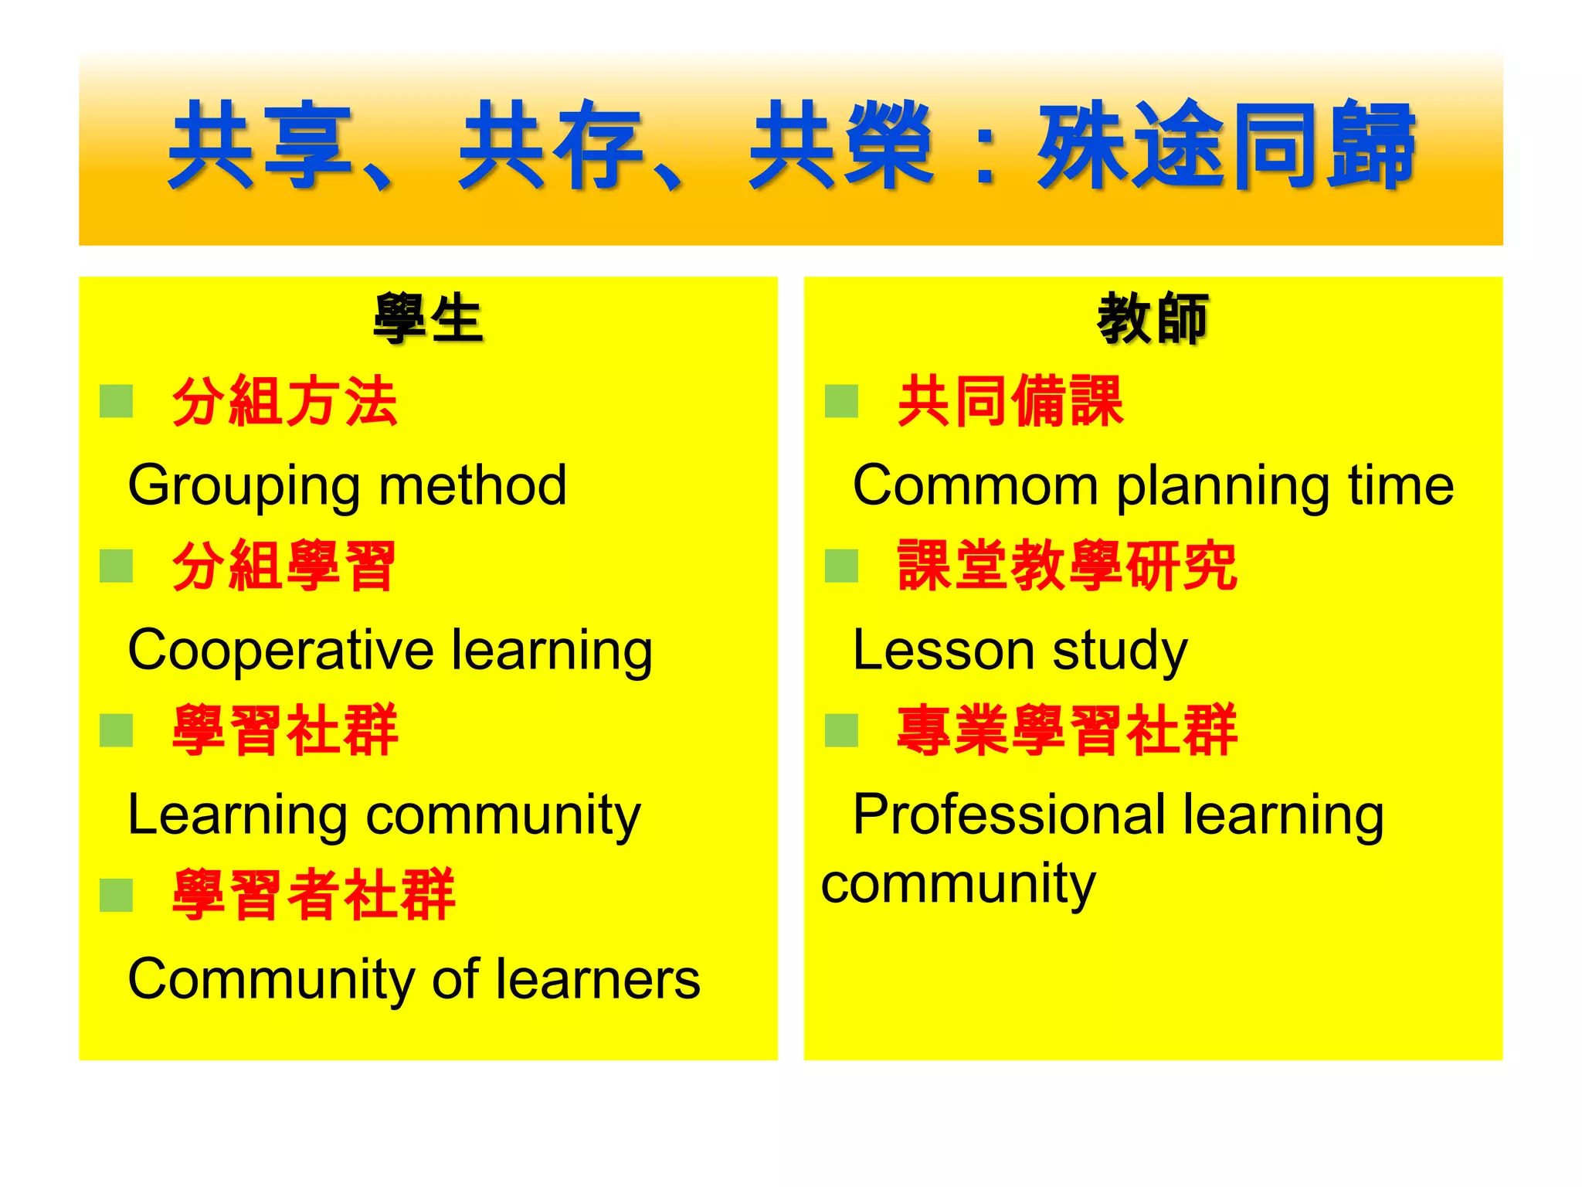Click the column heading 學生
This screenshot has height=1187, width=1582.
point(428,318)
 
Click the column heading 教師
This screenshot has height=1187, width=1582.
point(1153,318)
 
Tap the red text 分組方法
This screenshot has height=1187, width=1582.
point(284,402)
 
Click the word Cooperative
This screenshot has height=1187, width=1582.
point(280,651)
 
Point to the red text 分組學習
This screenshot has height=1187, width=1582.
point(284,566)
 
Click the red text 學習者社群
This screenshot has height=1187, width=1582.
point(313,895)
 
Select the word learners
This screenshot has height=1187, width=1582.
point(598,980)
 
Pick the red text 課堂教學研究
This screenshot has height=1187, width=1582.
point(1067,566)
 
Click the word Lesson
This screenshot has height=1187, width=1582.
point(943,651)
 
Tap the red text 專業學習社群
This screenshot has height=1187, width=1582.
point(1067,731)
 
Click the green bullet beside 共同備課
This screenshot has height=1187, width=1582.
point(841,401)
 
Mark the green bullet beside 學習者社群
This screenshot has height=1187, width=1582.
point(117,895)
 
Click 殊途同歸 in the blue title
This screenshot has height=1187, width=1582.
point(1227,145)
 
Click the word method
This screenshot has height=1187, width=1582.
point(473,486)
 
